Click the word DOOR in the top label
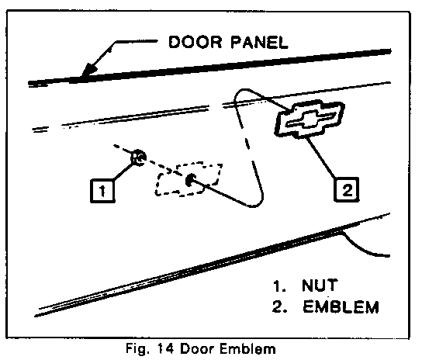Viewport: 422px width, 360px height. [195, 42]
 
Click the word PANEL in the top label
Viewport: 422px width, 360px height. [259, 42]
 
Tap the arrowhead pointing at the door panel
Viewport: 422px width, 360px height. [89, 70]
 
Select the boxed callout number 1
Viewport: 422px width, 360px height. [102, 191]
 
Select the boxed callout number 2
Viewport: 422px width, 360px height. [347, 189]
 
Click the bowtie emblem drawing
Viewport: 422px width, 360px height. [310, 119]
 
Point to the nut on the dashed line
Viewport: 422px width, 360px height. [138, 157]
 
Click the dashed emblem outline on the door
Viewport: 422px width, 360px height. [189, 178]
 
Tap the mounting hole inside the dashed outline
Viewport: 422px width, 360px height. [190, 179]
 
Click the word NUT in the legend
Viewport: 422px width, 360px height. [320, 286]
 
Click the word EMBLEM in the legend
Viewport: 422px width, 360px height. [341, 306]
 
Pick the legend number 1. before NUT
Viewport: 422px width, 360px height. [279, 286]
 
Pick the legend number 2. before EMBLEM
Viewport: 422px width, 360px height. [279, 306]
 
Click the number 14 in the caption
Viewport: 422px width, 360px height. [165, 348]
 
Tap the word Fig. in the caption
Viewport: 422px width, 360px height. [137, 349]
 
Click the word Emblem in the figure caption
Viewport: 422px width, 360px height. [248, 348]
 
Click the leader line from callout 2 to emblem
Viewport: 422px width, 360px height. [321, 157]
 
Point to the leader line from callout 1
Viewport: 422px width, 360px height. [123, 171]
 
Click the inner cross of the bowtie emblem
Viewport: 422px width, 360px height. [310, 119]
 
